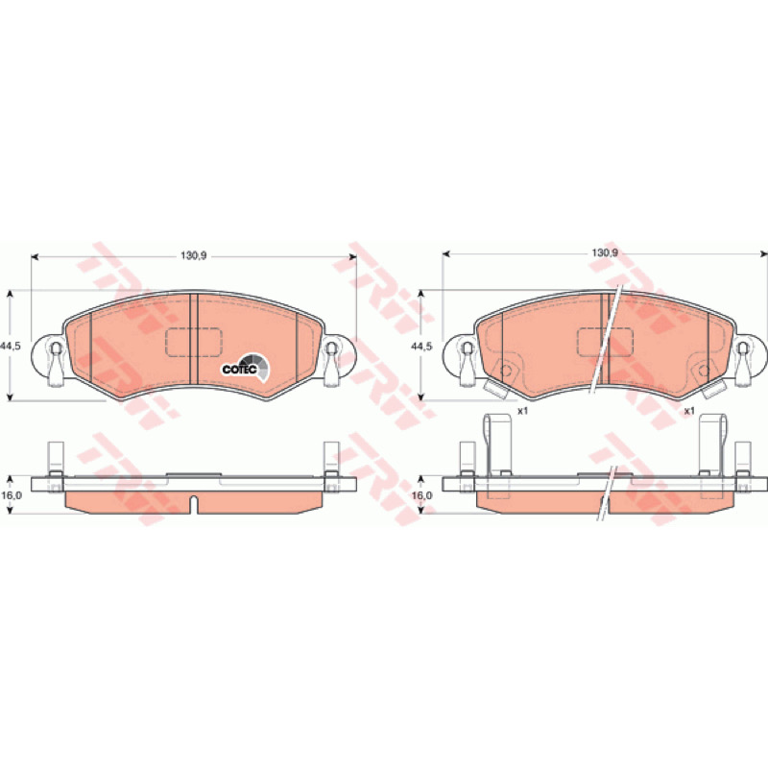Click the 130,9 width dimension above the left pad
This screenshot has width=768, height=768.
(194, 256)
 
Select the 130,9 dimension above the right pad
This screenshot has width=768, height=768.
(605, 253)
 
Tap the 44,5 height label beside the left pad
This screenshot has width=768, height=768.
(11, 346)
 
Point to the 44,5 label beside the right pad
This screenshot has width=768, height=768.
(421, 346)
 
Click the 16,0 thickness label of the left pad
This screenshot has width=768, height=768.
(12, 495)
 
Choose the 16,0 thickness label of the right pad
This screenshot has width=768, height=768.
(422, 495)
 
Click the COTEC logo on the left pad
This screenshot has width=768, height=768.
(245, 367)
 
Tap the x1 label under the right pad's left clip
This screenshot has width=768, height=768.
(523, 411)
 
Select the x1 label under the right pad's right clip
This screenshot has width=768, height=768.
(689, 411)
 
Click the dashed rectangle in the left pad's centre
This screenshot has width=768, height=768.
(194, 342)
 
